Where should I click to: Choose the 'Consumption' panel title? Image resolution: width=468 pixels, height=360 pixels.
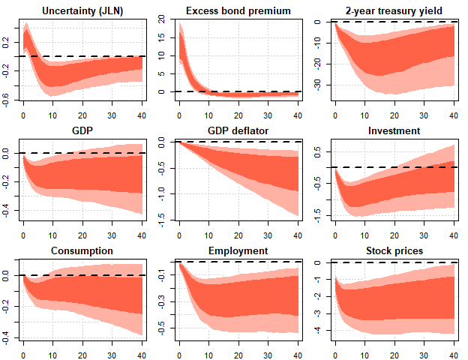tap(82, 250)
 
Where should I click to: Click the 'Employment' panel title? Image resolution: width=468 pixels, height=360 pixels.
tap(238, 250)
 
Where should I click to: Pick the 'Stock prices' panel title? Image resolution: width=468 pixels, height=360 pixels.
tap(394, 250)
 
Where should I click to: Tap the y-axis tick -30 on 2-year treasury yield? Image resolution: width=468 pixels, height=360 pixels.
tap(316, 85)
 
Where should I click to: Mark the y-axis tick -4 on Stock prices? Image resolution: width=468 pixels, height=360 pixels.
tap(316, 330)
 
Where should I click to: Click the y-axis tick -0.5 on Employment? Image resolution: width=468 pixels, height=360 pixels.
tap(161, 328)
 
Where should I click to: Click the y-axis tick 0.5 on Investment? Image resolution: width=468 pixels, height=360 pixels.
tap(316, 151)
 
